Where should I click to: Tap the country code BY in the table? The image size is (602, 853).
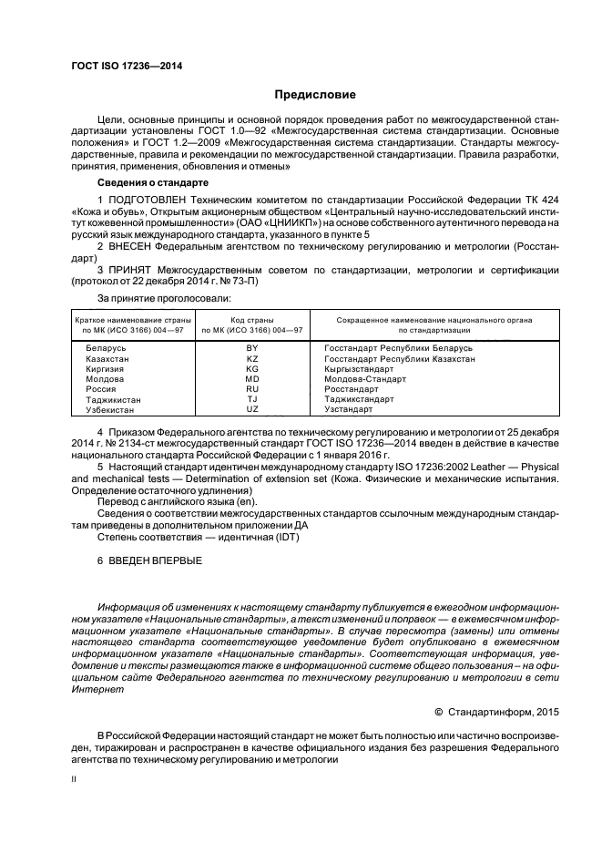point(252,348)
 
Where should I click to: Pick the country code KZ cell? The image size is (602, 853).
point(252,358)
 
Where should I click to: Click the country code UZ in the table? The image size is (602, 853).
point(252,409)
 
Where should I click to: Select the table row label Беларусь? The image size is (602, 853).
point(106,348)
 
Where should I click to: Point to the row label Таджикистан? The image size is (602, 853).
point(114,399)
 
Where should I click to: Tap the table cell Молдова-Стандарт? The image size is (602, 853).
point(364,379)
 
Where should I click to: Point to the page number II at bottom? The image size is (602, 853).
point(75,779)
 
